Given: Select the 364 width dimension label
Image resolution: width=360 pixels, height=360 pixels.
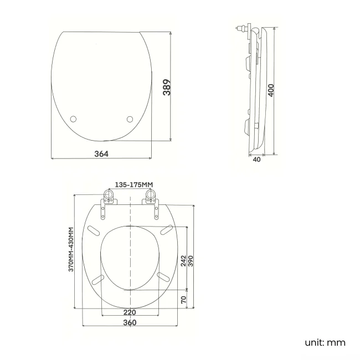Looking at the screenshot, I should click(x=101, y=153).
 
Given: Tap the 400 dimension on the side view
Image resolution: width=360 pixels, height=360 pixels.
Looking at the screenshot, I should click(x=271, y=90).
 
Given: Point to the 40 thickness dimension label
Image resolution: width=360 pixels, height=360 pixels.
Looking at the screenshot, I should click(x=256, y=160).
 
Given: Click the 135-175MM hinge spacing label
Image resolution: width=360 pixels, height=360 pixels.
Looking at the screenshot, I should click(x=133, y=184).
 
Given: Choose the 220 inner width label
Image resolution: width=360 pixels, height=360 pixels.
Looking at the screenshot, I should click(x=130, y=312).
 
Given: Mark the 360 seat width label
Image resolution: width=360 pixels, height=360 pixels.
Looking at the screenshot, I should click(x=130, y=322).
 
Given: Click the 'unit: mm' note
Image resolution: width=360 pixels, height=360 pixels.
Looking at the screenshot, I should click(x=325, y=342).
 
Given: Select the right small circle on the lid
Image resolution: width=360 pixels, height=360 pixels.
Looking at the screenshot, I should click(x=130, y=119).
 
